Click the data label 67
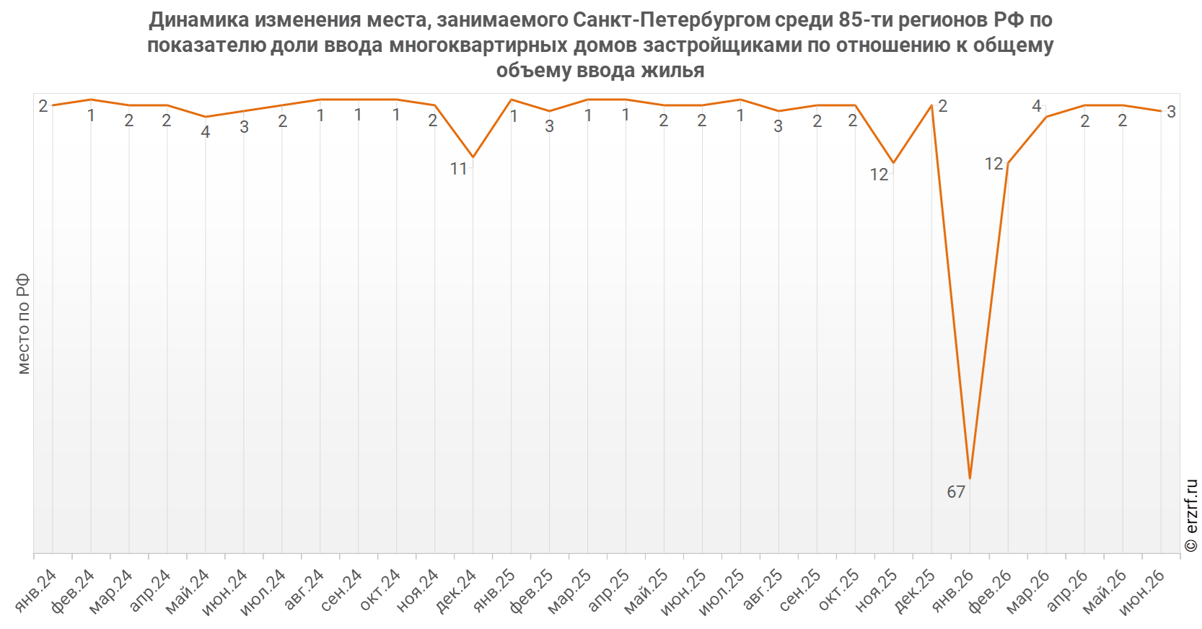coord(956,492)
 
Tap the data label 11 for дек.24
coord(458,169)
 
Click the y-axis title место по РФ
coord(23,324)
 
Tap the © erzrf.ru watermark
coord(1190,515)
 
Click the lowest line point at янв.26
coord(970,478)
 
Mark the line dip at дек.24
coord(473,157)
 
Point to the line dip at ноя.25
coord(893,162)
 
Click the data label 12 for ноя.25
coord(879,175)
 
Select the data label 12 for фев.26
coord(993,164)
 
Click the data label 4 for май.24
coord(206,132)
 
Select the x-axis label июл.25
coord(722,592)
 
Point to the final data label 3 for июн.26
coord(1172,112)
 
